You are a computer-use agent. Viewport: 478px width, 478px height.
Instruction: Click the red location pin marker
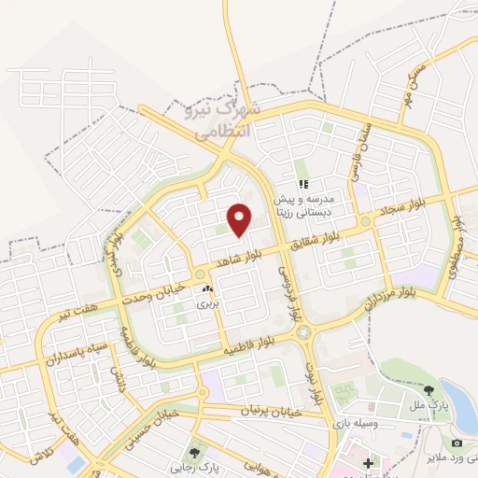pos(241,219)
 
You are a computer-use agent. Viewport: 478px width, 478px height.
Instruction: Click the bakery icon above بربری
pos(206,290)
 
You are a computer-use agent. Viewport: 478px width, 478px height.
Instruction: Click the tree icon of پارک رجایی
pos(195,453)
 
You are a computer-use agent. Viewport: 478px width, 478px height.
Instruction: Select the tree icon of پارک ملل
pos(429,390)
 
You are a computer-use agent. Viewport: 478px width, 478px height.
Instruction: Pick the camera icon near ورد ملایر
pos(457,442)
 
